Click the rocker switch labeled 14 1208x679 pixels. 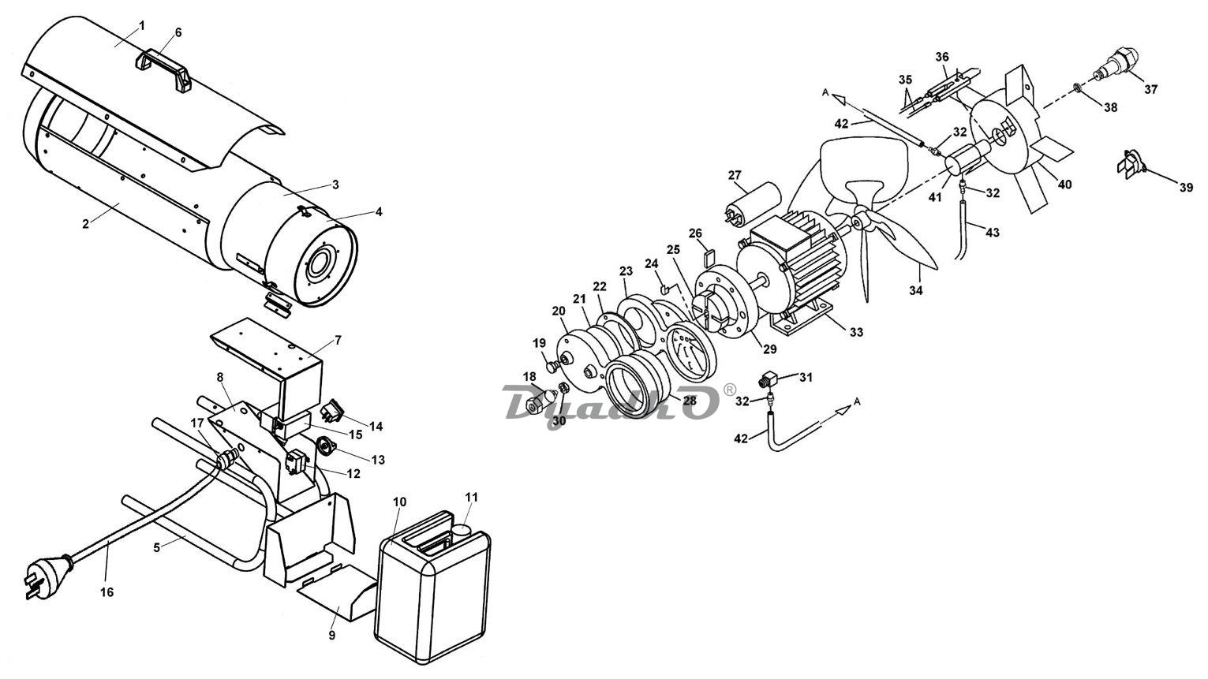click(331, 410)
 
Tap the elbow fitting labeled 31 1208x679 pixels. click(768, 380)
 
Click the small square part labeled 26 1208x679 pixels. click(709, 256)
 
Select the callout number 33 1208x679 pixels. click(856, 332)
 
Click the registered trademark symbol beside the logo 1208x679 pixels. click(728, 389)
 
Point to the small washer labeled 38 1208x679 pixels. click(1076, 87)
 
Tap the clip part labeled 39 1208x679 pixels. click(1131, 163)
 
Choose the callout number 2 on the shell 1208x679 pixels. click(85, 224)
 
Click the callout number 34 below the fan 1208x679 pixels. click(916, 290)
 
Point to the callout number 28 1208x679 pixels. click(689, 401)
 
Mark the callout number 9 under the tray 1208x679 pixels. click(331, 636)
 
